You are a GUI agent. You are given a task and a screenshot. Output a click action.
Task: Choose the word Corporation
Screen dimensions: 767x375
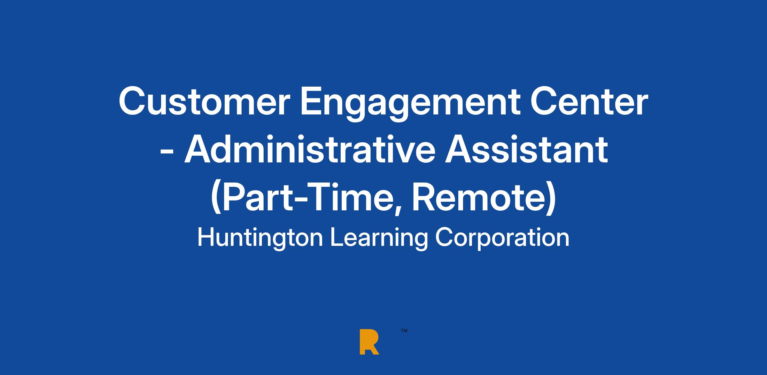(x=502, y=238)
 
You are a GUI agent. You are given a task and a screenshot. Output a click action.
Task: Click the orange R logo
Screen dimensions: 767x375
(x=369, y=341)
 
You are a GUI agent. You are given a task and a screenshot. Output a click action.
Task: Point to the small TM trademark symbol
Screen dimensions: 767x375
(x=404, y=331)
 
